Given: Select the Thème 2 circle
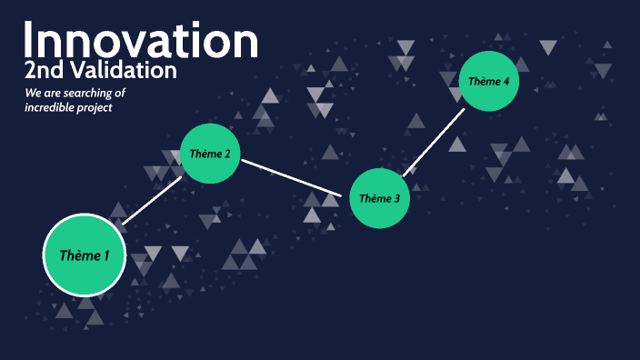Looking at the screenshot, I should point(211,153).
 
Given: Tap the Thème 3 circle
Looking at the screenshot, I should point(380,198).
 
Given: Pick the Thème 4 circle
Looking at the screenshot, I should point(489,81).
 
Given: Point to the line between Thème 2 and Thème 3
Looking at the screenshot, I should point(295,179).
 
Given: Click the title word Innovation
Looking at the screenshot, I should point(141,42).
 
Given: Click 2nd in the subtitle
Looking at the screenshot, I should point(41,70).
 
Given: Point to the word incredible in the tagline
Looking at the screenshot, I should point(53,107).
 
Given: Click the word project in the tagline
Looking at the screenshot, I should point(99,107).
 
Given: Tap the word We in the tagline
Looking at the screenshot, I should point(33,94).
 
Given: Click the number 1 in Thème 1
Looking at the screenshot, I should point(105,255).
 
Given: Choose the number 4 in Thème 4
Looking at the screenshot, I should point(505,81).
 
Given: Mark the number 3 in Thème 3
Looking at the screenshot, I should point(396,198).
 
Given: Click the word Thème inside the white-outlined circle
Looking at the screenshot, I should point(78,255).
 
